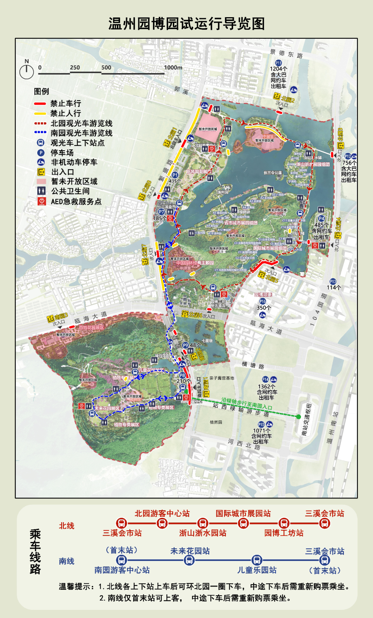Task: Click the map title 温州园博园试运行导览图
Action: [x=186, y=24]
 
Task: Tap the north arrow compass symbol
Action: [x=26, y=70]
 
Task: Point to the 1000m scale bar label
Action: [x=173, y=67]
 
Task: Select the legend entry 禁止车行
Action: [x=66, y=103]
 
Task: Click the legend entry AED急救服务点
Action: [x=76, y=202]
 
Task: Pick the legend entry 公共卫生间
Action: [x=70, y=191]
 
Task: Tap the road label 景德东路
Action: [x=286, y=54]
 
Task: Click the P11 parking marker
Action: [x=278, y=63]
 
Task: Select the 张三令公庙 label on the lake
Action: [x=273, y=173]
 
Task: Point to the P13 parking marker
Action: [x=333, y=281]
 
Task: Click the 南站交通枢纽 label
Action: [x=306, y=419]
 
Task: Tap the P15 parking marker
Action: [x=261, y=425]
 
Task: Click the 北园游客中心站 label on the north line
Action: [x=162, y=513]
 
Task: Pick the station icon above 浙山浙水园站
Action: [x=203, y=523]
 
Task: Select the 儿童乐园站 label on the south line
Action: [x=257, y=570]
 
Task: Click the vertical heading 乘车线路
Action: [x=35, y=552]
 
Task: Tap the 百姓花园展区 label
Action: [x=91, y=328]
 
